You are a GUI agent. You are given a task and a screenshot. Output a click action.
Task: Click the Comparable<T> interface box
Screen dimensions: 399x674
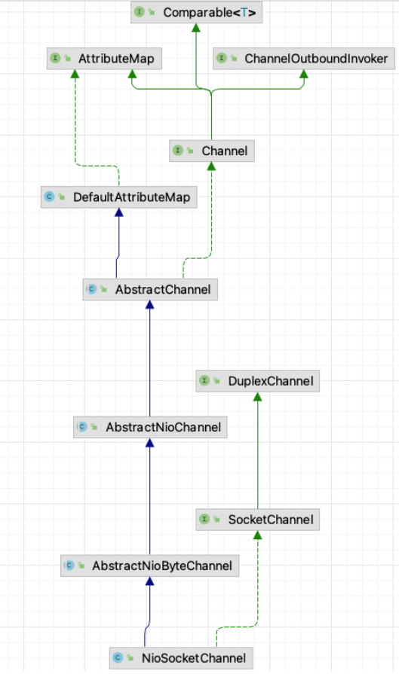(x=196, y=13)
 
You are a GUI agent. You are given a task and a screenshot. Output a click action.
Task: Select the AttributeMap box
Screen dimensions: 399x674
(x=104, y=59)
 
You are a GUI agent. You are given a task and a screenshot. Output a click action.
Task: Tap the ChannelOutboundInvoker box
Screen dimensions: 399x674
(x=304, y=59)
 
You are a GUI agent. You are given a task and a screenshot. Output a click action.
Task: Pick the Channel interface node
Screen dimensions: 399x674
(x=212, y=151)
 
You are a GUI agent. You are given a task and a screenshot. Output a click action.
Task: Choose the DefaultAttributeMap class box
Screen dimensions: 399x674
(x=119, y=197)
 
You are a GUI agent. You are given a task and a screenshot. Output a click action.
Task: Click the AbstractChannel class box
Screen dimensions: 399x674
(x=150, y=289)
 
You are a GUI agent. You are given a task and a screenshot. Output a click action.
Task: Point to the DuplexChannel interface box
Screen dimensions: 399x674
(x=257, y=381)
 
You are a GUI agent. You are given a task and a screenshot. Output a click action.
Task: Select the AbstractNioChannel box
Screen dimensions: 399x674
(x=150, y=427)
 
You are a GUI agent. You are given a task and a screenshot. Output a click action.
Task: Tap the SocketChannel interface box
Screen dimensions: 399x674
(x=257, y=520)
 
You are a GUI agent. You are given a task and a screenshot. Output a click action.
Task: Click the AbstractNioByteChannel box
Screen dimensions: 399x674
(x=150, y=566)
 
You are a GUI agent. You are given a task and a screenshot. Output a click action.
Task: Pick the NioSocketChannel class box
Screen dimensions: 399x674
(x=181, y=657)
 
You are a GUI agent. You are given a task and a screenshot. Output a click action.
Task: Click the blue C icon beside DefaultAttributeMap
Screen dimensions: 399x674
(x=50, y=197)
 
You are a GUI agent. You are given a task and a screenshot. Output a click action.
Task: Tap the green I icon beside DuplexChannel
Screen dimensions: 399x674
(x=204, y=380)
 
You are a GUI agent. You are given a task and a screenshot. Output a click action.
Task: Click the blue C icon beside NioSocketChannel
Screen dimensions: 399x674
(x=118, y=657)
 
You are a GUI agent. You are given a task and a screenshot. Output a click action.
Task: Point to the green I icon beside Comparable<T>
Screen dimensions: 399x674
(x=140, y=12)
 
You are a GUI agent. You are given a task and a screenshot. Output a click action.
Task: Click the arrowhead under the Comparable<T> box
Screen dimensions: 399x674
(x=196, y=28)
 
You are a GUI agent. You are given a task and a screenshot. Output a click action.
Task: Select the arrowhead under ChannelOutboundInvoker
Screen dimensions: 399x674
(x=303, y=74)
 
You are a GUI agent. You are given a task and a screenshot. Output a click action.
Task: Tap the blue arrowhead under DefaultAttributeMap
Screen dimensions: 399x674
(x=119, y=213)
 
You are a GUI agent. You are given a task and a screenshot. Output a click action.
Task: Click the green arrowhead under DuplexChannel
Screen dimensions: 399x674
(x=257, y=396)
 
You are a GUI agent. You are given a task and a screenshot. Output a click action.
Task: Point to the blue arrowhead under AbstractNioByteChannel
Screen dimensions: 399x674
(x=150, y=581)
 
